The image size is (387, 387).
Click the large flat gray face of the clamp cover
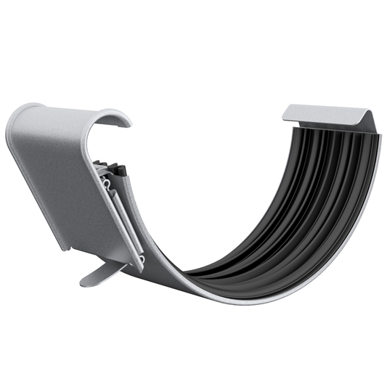pos(58,182)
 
